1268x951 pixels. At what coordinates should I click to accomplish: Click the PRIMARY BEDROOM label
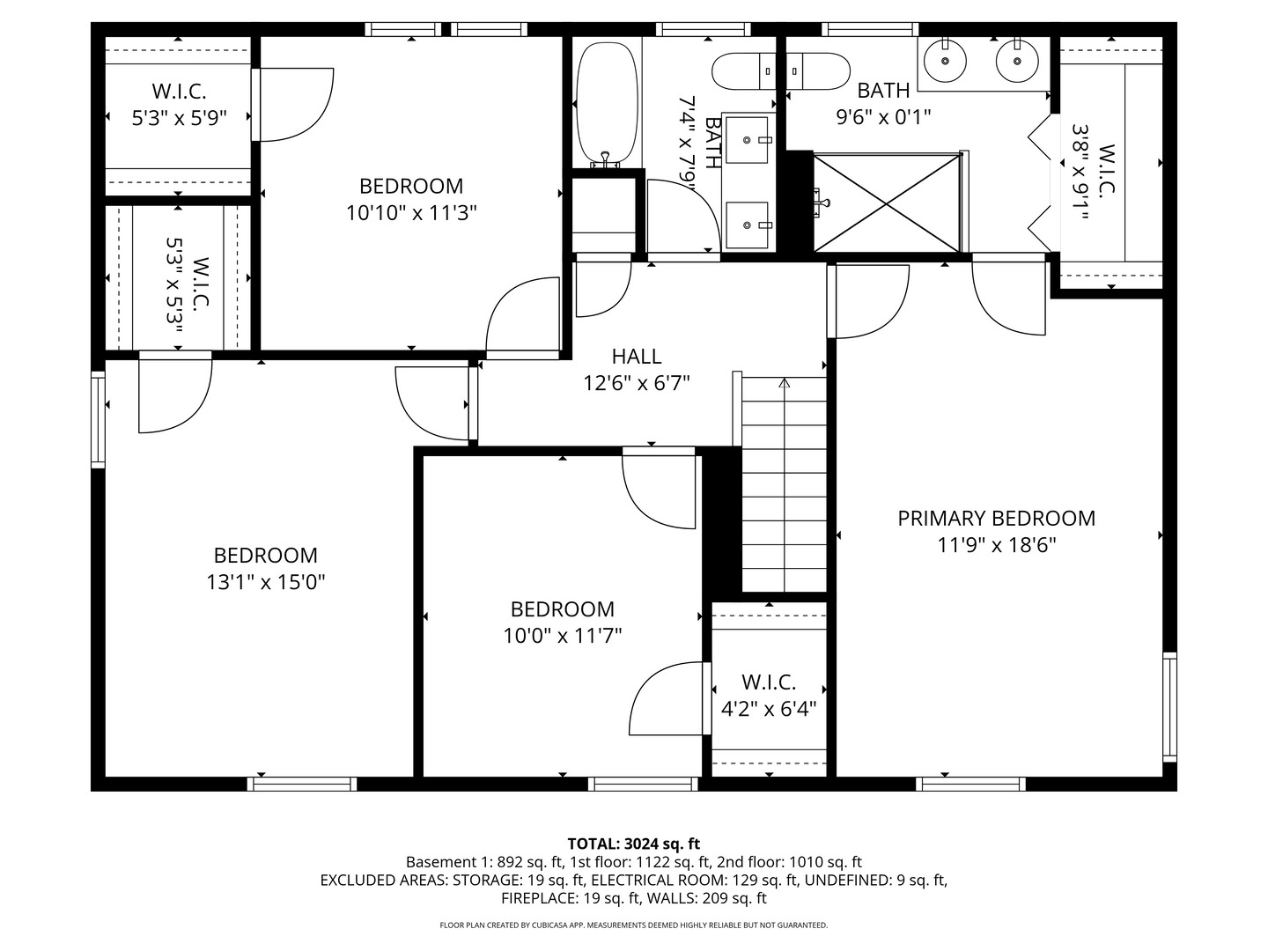click(996, 518)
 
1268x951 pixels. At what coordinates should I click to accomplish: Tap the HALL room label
click(636, 357)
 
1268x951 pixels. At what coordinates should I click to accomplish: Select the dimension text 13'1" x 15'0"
click(266, 582)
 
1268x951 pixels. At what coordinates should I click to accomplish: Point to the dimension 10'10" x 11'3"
click(411, 213)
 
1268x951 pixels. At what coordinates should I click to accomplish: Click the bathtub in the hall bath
click(607, 104)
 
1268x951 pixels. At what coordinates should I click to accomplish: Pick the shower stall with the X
click(887, 203)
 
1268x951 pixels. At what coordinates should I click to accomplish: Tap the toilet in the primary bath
click(818, 71)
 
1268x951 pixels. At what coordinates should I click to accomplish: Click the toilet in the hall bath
click(744, 71)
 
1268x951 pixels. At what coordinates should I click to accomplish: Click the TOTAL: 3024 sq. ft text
click(634, 844)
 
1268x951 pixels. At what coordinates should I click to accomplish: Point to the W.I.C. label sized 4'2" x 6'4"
click(769, 682)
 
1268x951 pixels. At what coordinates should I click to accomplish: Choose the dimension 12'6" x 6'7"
click(636, 383)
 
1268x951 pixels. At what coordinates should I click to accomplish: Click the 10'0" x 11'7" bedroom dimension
click(562, 636)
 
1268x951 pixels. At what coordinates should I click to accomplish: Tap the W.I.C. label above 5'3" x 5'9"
click(179, 92)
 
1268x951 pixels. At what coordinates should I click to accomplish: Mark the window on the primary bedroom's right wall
click(1169, 707)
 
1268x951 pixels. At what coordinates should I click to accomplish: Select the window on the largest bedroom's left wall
click(99, 419)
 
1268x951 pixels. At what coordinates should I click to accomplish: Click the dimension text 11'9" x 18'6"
click(996, 544)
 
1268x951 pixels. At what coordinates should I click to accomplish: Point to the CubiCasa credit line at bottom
click(634, 925)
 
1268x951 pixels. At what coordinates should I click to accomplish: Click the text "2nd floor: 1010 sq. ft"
click(789, 862)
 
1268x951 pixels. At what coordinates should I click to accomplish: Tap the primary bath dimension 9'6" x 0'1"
click(883, 117)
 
